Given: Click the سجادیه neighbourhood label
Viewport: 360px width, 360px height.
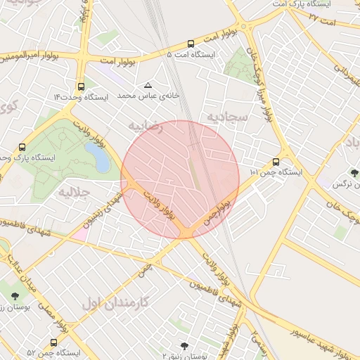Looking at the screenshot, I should pos(227,115).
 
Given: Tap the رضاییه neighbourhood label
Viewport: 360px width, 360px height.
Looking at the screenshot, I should pos(146,127).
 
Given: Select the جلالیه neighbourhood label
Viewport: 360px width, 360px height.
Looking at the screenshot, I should pos(73,191).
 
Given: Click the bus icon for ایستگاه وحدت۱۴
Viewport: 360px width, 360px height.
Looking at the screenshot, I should pos(82,87).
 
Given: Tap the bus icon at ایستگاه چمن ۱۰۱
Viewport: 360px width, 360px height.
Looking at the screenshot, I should pos(275,162).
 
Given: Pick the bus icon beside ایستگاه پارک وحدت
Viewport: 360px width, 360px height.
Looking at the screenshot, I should pos(22,148).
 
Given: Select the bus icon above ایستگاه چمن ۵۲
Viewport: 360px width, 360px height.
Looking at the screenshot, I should pos(54,342).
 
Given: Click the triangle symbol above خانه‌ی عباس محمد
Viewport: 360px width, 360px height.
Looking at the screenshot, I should pos(148,84).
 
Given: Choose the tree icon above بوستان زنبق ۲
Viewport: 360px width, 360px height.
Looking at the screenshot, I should pos(184,346).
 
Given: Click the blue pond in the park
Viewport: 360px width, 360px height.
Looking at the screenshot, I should pos(100,158).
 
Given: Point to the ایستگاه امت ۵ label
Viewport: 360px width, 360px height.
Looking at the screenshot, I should pos(191,54).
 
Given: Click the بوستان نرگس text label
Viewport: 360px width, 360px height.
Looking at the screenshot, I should pos(340,184).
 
